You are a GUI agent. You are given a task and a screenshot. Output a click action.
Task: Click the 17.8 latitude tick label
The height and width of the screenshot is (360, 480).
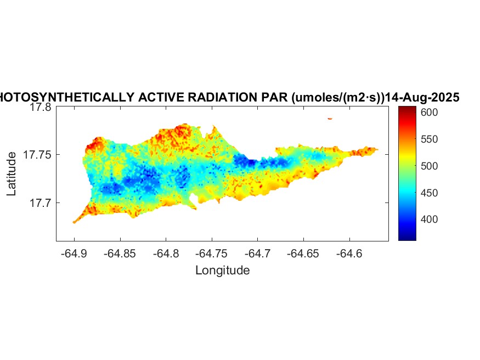coord(40,108)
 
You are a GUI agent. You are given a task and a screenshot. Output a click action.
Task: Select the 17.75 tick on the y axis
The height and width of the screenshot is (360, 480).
coord(37,155)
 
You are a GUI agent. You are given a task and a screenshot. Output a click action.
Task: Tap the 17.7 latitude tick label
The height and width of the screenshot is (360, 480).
coord(40,203)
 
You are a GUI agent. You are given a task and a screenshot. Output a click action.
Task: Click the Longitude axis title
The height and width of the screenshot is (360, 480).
coord(222,270)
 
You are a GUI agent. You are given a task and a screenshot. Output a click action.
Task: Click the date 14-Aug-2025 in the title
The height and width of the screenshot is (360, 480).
coord(422,98)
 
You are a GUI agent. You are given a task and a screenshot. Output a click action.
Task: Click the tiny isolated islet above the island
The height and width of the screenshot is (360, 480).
coord(330,118)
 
